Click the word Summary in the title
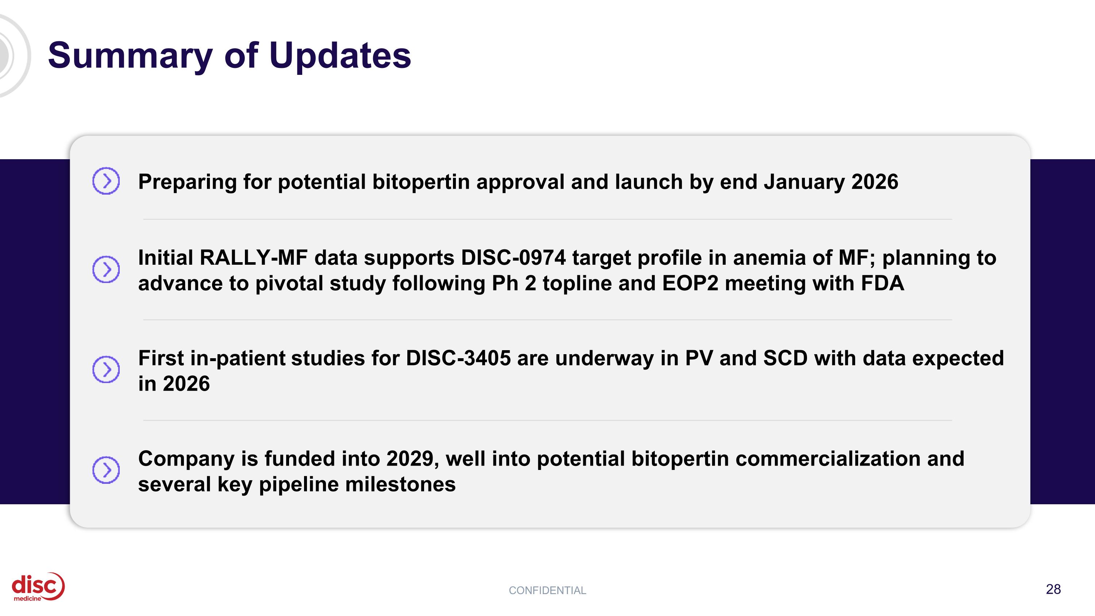(130, 56)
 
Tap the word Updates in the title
(340, 56)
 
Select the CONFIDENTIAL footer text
(547, 590)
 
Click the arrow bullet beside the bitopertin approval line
(106, 181)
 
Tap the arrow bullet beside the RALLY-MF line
(106, 269)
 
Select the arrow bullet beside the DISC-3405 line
(106, 369)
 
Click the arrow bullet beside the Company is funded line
(106, 470)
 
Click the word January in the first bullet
(804, 182)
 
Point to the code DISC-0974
(513, 258)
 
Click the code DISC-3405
(458, 358)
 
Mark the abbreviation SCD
(785, 358)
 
